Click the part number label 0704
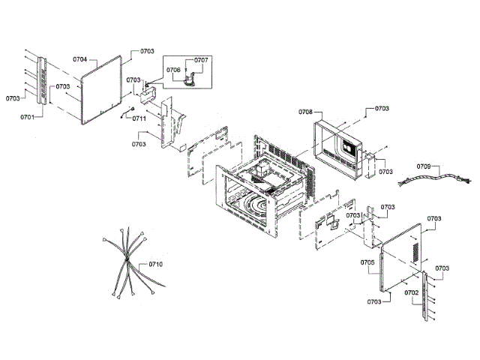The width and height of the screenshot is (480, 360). (80, 58)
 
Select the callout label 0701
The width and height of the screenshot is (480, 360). (28, 117)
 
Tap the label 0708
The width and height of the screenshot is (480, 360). (305, 112)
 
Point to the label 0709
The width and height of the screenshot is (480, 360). (424, 166)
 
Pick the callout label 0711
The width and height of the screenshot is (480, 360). (139, 118)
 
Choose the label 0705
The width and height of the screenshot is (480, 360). (367, 262)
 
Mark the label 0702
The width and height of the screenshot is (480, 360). (411, 293)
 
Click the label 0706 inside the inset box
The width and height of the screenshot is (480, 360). (173, 70)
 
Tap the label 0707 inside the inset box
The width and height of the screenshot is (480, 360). (201, 59)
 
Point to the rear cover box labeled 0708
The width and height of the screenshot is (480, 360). (341, 146)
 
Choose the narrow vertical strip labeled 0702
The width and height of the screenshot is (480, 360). (429, 296)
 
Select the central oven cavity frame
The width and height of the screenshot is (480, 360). (255, 187)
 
